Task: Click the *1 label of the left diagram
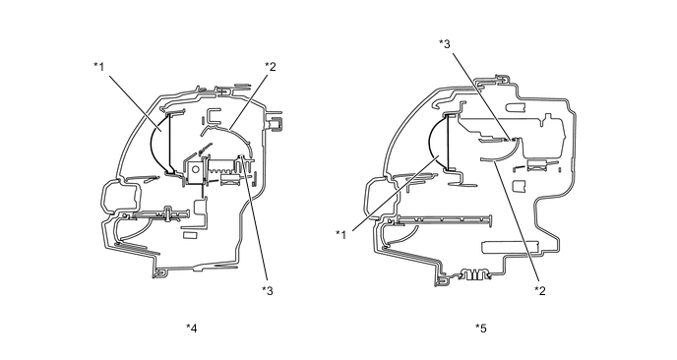98,67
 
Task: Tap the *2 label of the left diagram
271,67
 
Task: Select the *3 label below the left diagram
268,291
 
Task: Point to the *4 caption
192,329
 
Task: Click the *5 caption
481,329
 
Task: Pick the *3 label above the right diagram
445,43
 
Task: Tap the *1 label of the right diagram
341,235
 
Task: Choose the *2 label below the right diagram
540,291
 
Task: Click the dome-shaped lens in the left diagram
159,144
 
